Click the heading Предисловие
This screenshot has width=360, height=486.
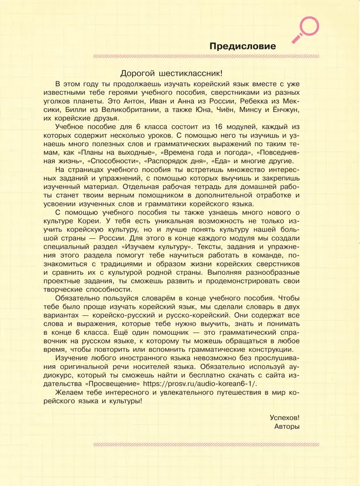coord(243,47)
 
